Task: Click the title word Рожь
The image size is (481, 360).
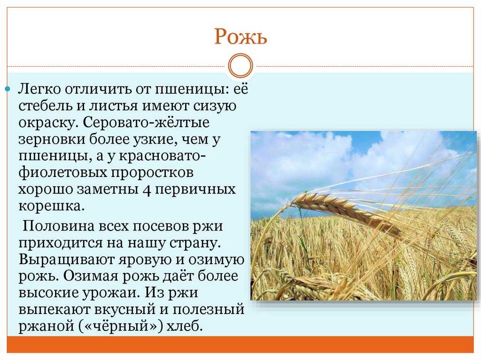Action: coord(240,37)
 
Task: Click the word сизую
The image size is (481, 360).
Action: coord(215,107)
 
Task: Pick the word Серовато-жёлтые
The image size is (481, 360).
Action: coord(146,123)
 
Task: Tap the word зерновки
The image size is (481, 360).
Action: coord(52,139)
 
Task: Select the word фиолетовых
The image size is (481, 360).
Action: coord(62,173)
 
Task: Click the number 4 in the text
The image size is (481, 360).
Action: coord(147,190)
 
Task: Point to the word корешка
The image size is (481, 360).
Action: coord(51,206)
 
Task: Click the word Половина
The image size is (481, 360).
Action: coord(59,226)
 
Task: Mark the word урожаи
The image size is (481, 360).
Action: coord(109,293)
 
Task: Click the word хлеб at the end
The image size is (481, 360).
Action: coord(184,326)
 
